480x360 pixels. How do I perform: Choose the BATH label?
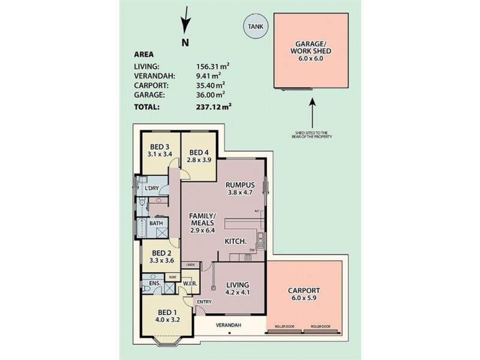(156, 223)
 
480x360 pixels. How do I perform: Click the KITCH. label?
(235, 241)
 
